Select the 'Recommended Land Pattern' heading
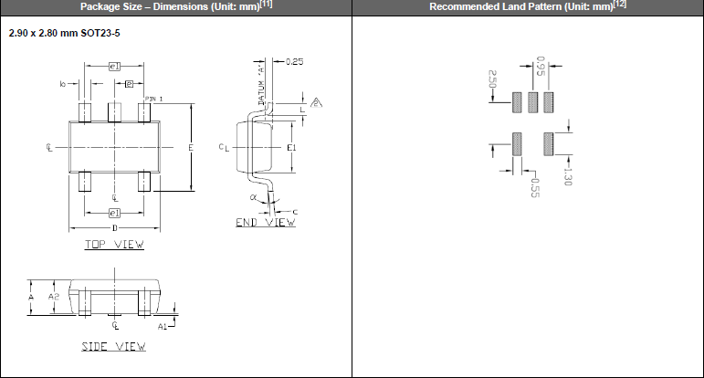(520, 6)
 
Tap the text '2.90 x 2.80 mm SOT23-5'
(65, 33)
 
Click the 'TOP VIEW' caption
(114, 244)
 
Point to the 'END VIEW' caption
(265, 222)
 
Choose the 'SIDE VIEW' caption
(114, 346)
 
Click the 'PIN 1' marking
(153, 98)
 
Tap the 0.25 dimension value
(294, 61)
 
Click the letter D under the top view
(114, 227)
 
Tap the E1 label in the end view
(291, 147)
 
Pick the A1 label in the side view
(162, 325)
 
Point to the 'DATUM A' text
(260, 89)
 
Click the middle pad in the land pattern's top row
(532, 101)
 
